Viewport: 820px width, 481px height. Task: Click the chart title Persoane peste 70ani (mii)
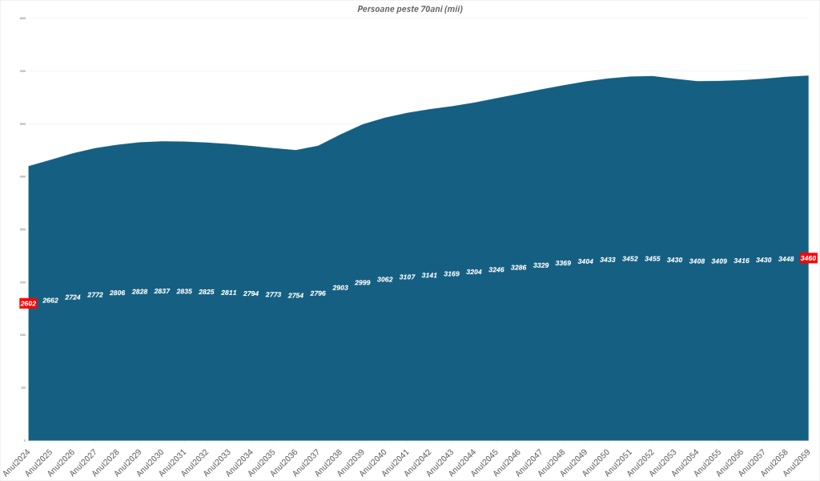click(409, 9)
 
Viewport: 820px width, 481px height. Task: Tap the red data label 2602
click(28, 304)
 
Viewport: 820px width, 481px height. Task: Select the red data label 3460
click(808, 258)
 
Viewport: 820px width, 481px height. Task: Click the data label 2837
click(162, 291)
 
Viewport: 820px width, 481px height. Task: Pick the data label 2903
click(340, 287)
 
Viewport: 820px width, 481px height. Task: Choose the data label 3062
click(385, 279)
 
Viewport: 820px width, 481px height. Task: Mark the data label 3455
click(653, 258)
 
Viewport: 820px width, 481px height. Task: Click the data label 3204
click(474, 272)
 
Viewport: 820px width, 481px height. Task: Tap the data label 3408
click(697, 261)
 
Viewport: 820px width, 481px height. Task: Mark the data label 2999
click(363, 282)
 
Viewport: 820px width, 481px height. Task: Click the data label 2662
click(50, 300)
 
